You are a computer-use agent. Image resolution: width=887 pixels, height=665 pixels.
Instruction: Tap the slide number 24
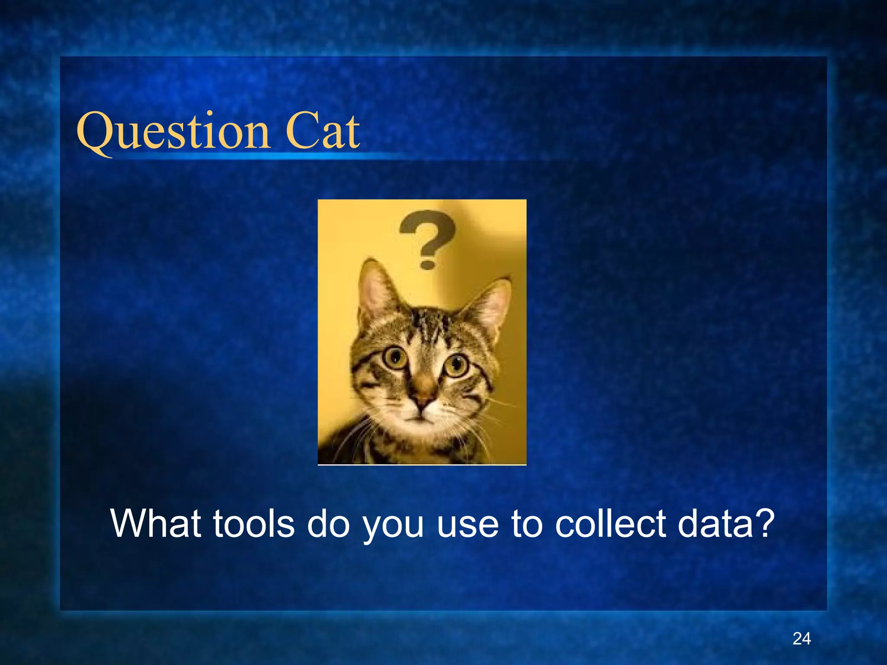[802, 639]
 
